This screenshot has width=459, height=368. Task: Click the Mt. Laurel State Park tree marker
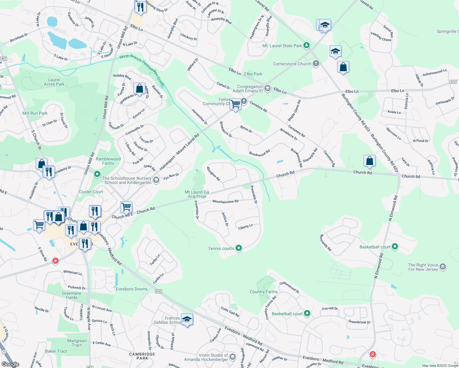coord(307,46)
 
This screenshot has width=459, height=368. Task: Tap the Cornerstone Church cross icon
coord(316,64)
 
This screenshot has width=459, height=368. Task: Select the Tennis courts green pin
coord(239,248)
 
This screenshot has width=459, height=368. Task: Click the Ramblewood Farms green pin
coord(97,174)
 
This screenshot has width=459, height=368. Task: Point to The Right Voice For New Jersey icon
coord(443,267)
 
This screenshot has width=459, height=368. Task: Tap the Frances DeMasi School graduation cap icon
coord(187,320)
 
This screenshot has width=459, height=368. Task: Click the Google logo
coord(10,364)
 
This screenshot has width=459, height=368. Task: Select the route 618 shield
coord(158,291)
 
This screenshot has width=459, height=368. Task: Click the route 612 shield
coord(453,82)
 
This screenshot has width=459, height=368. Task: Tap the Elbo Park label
coord(253,74)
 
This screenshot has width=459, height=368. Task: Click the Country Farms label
coord(264,292)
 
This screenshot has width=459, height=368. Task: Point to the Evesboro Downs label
coord(132,289)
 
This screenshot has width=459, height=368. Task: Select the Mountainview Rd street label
coord(226,201)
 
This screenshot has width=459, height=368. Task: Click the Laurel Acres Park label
coord(54,82)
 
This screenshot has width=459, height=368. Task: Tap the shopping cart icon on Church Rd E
coord(126,207)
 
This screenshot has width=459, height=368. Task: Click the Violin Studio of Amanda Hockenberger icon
coord(232,357)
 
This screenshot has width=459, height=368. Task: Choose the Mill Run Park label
coord(35,113)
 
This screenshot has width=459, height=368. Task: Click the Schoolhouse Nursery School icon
coord(156,180)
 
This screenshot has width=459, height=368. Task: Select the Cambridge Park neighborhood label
coord(142,356)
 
